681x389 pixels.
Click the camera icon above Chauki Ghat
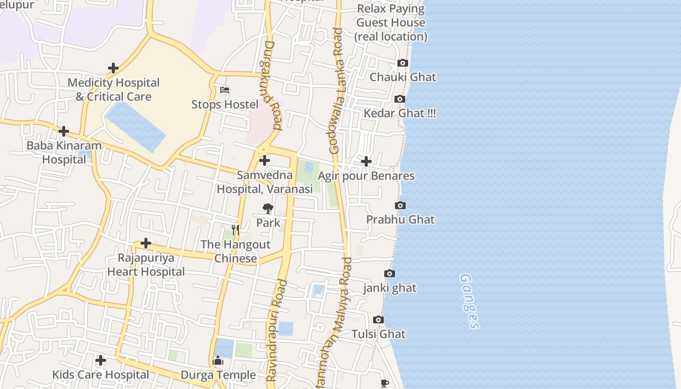[402, 63]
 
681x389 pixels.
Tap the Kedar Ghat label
[400, 113]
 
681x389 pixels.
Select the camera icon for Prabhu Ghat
[400, 206]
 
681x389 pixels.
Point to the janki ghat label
[390, 288]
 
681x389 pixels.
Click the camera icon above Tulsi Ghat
[378, 320]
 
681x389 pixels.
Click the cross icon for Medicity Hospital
[113, 68]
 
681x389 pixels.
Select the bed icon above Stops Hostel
[225, 90]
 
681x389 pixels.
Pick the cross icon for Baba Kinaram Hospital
[64, 131]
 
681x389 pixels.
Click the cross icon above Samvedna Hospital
[265, 160]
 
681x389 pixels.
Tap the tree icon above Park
[268, 209]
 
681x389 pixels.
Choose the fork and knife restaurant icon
[235, 230]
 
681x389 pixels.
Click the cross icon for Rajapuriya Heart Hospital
[146, 243]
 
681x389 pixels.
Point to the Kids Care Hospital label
[101, 375]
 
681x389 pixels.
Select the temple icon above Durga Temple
[218, 361]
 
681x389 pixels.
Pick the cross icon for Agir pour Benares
[366, 161]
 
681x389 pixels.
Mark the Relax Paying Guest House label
[391, 22]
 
